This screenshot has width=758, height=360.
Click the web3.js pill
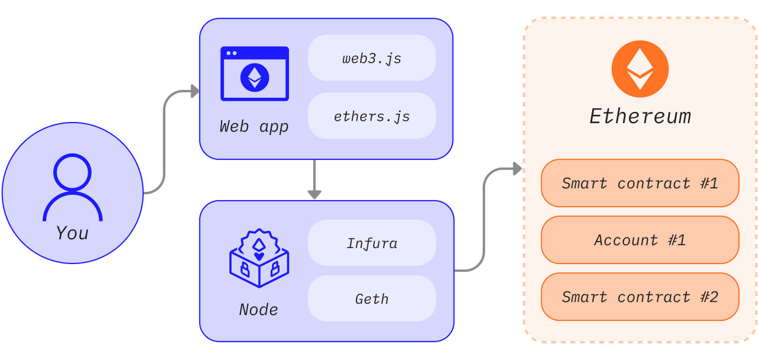point(371,58)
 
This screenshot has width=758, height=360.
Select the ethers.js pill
point(371,116)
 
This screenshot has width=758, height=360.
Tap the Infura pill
point(371,243)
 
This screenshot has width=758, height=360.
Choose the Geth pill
point(371,299)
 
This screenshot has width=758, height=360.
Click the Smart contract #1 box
point(640,183)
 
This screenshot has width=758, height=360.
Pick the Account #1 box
point(640,240)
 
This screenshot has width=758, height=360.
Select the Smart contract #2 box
point(640,297)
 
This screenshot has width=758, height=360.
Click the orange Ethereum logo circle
point(640,69)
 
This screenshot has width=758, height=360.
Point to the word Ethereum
point(640,116)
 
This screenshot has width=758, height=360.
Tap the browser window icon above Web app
point(255,74)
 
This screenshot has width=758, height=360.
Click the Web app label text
point(254,126)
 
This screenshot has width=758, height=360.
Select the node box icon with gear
point(259,259)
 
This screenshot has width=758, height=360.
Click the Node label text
point(258,310)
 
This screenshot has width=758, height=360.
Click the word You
point(72,233)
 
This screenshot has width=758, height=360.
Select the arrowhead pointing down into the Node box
point(314,194)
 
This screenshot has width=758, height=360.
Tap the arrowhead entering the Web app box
point(194,91)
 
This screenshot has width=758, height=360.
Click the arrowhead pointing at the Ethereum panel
point(517,169)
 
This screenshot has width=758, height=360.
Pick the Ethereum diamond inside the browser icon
point(255,77)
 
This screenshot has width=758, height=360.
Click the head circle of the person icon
point(72,172)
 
